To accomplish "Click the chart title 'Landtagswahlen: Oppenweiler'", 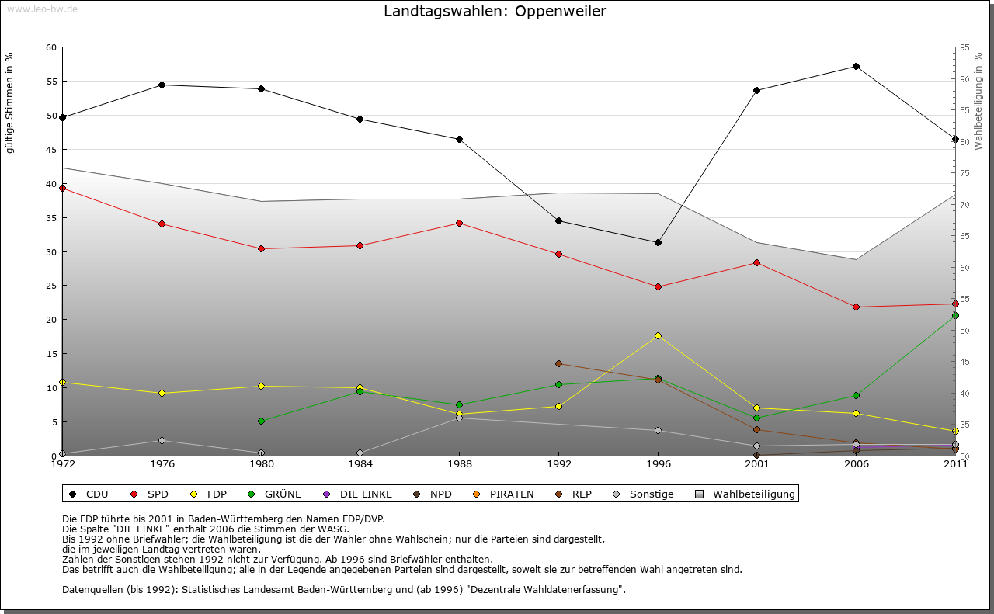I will click(x=495, y=12).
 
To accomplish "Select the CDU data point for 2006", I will click(x=856, y=67).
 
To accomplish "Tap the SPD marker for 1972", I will click(x=62, y=188).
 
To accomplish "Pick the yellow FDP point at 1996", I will click(x=658, y=335).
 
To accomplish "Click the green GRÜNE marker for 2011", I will click(x=955, y=316).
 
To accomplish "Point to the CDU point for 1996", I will click(x=658, y=242).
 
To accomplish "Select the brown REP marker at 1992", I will click(x=558, y=363).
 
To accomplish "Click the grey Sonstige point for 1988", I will click(x=459, y=418).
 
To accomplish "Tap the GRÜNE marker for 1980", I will click(x=261, y=421).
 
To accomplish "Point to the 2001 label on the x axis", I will click(x=756, y=465).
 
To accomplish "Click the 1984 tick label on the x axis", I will click(x=360, y=465).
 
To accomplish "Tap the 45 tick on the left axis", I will click(x=51, y=150).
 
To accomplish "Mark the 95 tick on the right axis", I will click(x=965, y=47).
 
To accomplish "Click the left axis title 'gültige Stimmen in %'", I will click(x=9, y=102).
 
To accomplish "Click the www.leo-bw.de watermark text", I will click(x=42, y=9).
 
